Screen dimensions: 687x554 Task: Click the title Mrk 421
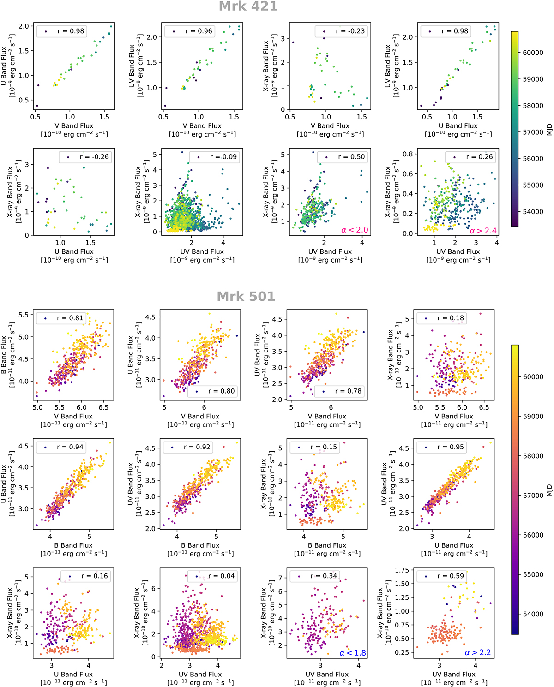(248, 6)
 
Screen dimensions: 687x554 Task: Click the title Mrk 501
(246, 296)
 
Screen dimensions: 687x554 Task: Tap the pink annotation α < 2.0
(355, 230)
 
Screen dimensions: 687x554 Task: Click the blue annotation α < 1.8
(353, 653)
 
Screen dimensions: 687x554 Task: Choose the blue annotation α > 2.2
(478, 653)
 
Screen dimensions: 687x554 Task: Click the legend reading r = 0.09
(214, 157)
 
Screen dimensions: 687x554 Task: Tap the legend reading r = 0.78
(339, 391)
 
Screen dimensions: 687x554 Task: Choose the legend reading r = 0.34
(315, 576)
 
